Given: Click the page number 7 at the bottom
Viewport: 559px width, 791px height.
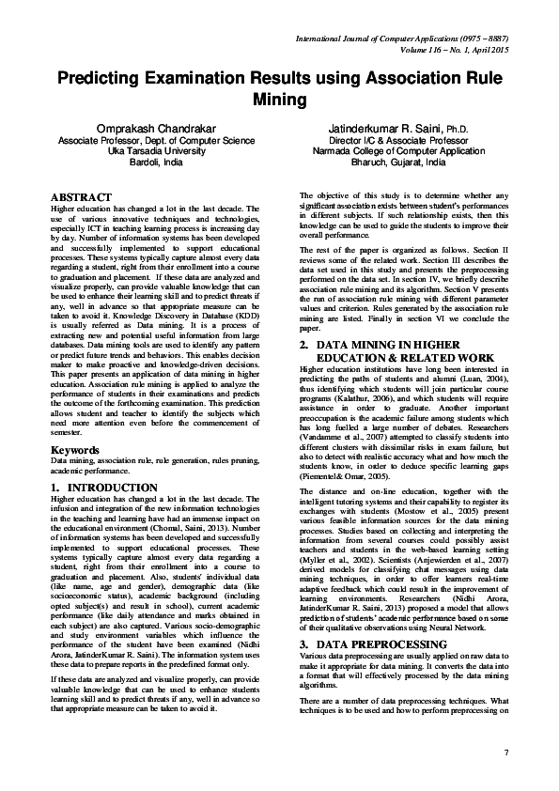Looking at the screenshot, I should (x=505, y=754).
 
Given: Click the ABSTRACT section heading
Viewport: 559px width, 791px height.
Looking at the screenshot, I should (x=80, y=196).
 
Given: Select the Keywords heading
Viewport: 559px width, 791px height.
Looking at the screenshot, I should (x=74, y=450).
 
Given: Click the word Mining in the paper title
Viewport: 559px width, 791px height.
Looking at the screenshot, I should (x=279, y=99).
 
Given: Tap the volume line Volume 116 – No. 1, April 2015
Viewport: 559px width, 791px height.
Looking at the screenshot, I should (x=445, y=49).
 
